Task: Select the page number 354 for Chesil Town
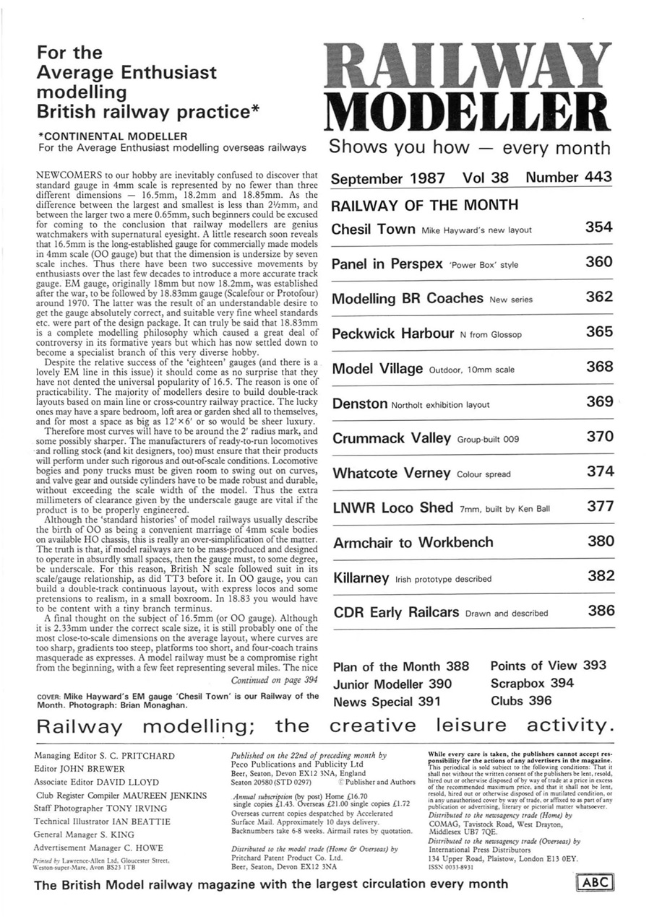click(599, 227)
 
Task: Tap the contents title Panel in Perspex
click(387, 263)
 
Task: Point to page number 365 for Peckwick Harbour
click(599, 332)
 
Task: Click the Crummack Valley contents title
click(391, 438)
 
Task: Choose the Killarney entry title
click(361, 578)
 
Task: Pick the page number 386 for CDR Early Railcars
click(601, 611)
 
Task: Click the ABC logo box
click(595, 883)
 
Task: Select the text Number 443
click(568, 177)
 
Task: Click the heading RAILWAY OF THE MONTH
click(424, 205)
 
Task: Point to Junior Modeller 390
click(392, 684)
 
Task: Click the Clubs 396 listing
click(520, 700)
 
